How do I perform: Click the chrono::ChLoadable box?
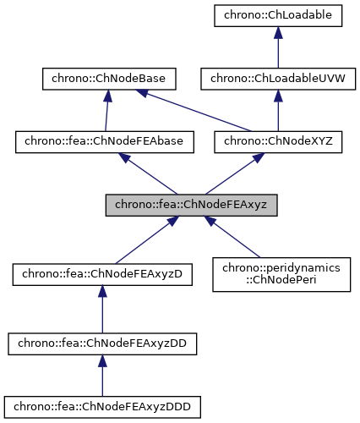click(x=276, y=15)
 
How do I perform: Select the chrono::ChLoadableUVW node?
click(x=276, y=79)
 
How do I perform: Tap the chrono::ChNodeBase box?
click(x=108, y=79)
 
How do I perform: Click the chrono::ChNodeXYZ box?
click(x=278, y=142)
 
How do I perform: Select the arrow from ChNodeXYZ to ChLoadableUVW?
click(x=277, y=111)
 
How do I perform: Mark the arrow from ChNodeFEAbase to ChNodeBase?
click(x=106, y=111)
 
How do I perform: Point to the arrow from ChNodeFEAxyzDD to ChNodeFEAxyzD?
click(x=102, y=308)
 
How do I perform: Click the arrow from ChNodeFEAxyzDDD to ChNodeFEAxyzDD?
click(x=102, y=375)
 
